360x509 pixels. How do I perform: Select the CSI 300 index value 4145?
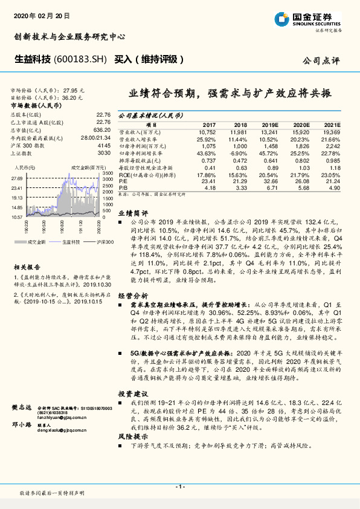pyautogui.click(x=103, y=145)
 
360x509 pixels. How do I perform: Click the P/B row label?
pyautogui.click(x=123, y=187)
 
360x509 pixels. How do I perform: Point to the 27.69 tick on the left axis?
pyautogui.click(x=16, y=178)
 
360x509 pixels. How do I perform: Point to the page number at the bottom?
pyautogui.click(x=179, y=487)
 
